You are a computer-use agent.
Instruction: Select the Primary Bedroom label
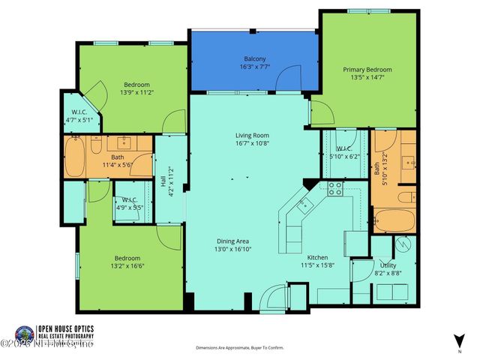pyautogui.click(x=367, y=70)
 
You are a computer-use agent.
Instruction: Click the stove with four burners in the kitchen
pyautogui.click(x=334, y=189)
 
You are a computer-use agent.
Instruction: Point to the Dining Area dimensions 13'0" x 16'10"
pyautogui.click(x=233, y=249)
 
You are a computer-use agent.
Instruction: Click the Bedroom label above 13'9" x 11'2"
pyautogui.click(x=137, y=84)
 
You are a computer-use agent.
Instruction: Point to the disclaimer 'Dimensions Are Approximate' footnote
pyautogui.click(x=239, y=348)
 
